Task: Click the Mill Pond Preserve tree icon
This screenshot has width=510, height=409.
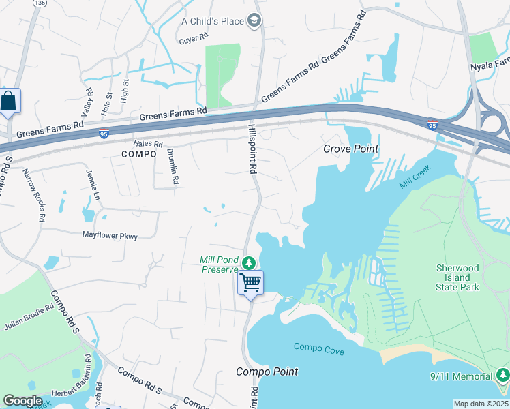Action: (250, 262)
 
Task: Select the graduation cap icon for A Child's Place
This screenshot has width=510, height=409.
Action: (255, 21)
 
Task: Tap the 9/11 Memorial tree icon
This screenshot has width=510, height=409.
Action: (502, 376)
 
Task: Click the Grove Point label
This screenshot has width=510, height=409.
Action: (350, 149)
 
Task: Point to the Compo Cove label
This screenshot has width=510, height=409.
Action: (319, 349)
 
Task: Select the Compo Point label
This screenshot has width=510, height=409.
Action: (267, 372)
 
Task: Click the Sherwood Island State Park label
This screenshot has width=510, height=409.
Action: (457, 277)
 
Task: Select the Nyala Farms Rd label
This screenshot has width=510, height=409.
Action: (490, 66)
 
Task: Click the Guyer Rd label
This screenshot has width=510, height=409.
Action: (188, 40)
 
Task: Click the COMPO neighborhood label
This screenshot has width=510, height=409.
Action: (139, 155)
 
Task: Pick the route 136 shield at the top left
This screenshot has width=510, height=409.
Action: (40, 3)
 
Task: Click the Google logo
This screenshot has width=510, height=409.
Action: (23, 401)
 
